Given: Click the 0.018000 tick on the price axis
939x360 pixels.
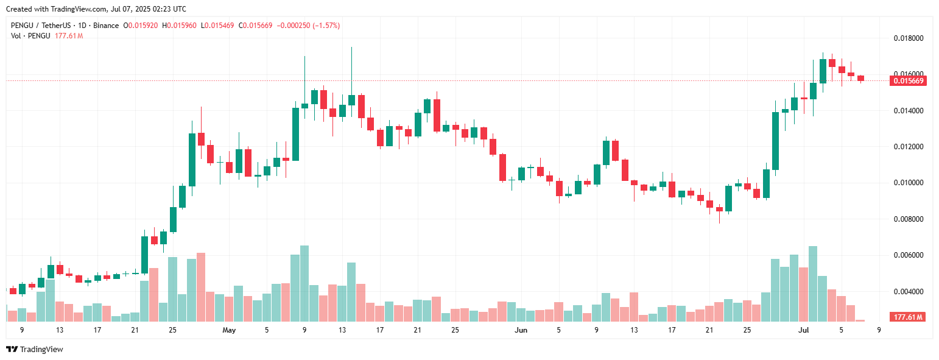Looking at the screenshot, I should (908, 38).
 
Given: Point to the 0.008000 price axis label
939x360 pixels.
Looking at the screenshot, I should (908, 219).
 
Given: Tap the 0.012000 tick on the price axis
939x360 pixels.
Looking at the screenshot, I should (908, 147).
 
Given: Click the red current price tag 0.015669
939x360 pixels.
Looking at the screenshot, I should (908, 81).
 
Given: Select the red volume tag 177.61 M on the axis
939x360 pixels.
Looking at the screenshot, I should (907, 317).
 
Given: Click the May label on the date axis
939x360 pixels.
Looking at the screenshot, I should (229, 330).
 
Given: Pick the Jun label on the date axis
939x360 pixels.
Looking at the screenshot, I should (521, 330).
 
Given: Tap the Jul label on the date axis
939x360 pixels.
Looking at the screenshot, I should (803, 330).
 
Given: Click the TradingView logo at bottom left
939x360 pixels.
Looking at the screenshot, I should (34, 349).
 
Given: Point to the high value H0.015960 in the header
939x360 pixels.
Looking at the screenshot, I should (179, 26).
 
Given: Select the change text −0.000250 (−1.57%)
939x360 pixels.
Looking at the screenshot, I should (308, 26).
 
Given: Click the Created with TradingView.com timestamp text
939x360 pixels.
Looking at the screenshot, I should (96, 9).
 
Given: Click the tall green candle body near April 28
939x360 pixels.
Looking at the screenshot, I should (192, 160).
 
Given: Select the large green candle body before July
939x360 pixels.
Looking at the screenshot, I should (775, 141).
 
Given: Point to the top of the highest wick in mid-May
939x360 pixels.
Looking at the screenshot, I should (351, 48).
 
